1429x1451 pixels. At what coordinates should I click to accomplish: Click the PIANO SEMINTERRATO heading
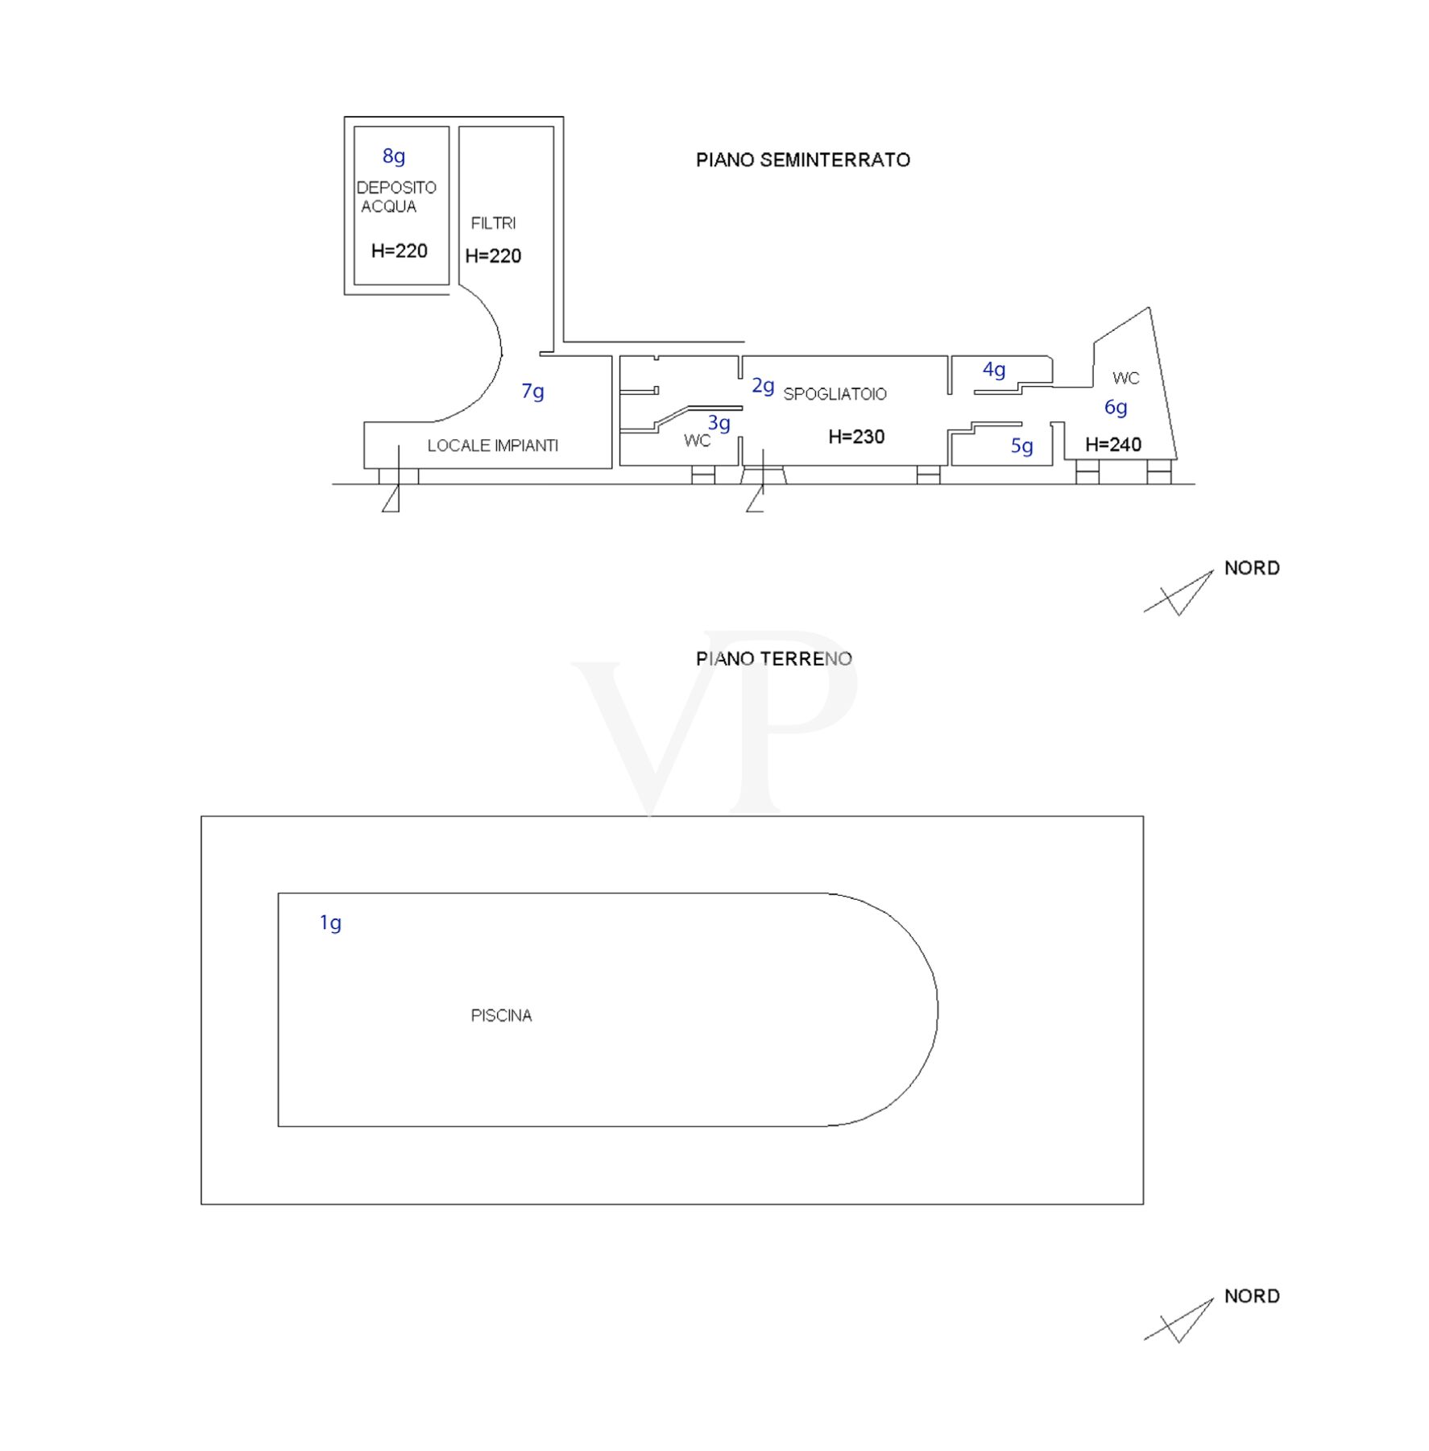(x=802, y=160)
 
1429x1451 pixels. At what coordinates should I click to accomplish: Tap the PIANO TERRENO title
(x=773, y=658)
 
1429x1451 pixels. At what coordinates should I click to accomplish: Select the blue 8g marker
(x=393, y=155)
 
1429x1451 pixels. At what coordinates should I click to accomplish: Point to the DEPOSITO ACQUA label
(x=396, y=197)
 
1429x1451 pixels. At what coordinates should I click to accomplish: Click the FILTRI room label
(x=493, y=223)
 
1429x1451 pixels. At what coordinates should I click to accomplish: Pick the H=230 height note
(x=856, y=437)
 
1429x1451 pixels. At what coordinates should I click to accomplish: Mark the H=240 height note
(x=1113, y=444)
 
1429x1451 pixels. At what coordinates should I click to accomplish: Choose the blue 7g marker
(x=532, y=392)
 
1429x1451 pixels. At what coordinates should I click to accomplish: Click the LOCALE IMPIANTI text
(x=492, y=446)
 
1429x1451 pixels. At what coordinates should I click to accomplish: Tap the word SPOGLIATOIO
(x=835, y=394)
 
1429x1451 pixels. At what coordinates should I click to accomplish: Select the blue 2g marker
(x=763, y=387)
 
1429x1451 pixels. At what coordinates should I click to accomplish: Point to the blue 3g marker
(x=719, y=423)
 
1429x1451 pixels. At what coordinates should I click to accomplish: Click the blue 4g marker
(x=994, y=370)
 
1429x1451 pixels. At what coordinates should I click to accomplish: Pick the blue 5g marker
(x=1021, y=446)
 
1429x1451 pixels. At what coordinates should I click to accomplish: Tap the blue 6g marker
(x=1116, y=408)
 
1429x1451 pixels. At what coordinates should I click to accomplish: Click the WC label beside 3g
(x=697, y=441)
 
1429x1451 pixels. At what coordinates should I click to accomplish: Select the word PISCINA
(x=501, y=1016)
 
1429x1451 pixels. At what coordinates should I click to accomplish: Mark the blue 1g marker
(x=330, y=922)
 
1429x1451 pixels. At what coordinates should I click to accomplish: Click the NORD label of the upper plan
(x=1252, y=568)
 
